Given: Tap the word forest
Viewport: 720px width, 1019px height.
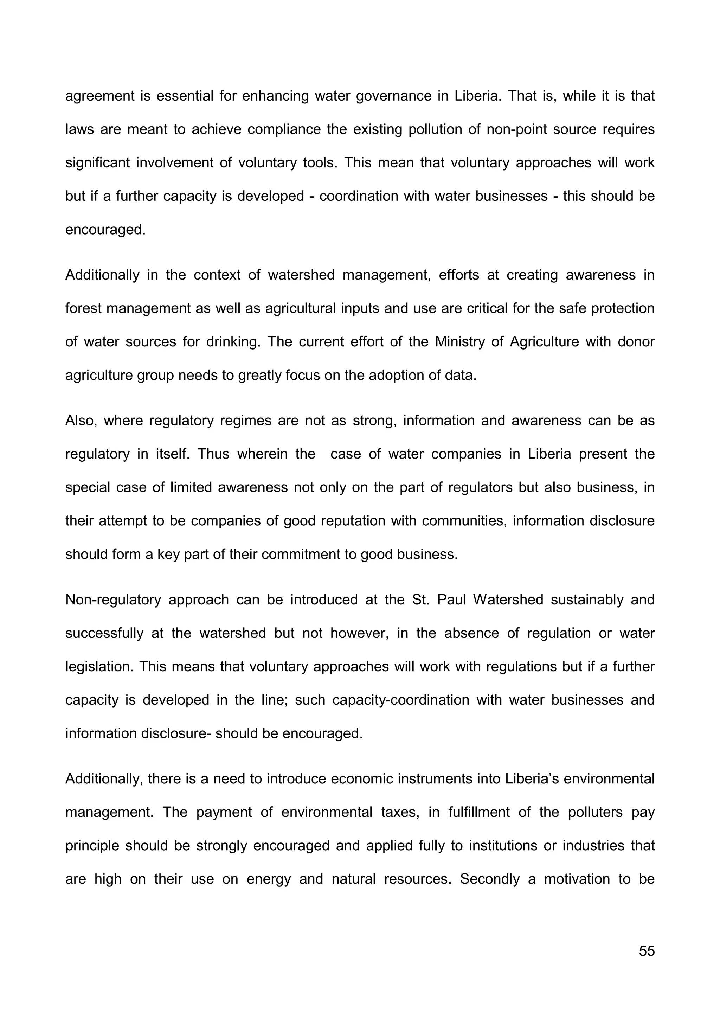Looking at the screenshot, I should click(x=83, y=308).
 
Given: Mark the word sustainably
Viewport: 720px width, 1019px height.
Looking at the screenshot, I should click(x=586, y=600).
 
